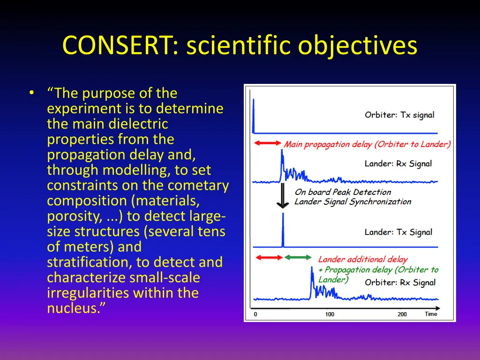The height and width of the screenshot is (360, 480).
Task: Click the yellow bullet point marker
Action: (x=31, y=93)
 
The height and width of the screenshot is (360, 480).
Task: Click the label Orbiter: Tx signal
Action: (x=399, y=115)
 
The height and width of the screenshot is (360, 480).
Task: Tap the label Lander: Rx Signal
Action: (x=398, y=164)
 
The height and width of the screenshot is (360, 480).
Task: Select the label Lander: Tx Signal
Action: (x=398, y=232)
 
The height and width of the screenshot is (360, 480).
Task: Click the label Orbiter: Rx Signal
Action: (x=400, y=282)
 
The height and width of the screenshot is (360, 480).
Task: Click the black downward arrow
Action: (x=282, y=196)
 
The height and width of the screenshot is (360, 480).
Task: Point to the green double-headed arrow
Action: (x=298, y=257)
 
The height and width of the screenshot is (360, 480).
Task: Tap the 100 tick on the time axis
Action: (x=330, y=314)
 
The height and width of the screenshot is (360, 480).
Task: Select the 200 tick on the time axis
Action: (x=402, y=314)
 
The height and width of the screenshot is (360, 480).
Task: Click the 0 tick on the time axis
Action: (x=255, y=314)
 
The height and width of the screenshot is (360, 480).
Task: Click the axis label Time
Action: (x=431, y=314)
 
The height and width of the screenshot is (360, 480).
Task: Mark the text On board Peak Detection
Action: (x=343, y=192)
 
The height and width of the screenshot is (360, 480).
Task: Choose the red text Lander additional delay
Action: (x=363, y=259)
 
